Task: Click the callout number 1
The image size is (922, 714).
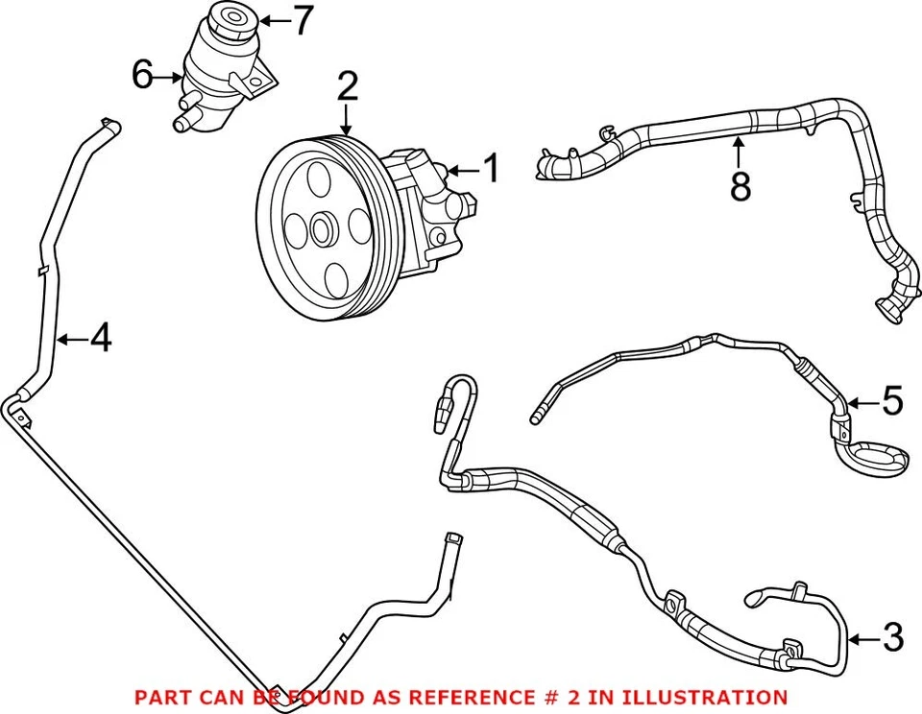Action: [x=491, y=168]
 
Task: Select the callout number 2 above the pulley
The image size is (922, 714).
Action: [x=348, y=86]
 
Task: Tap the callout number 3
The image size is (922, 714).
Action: [x=894, y=636]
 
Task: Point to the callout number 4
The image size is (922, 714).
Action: [x=101, y=338]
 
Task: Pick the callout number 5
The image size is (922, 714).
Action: [x=892, y=401]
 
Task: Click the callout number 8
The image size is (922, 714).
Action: [x=740, y=186]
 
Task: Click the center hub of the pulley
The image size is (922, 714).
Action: [x=322, y=229]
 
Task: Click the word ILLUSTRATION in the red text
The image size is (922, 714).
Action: [x=704, y=697]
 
